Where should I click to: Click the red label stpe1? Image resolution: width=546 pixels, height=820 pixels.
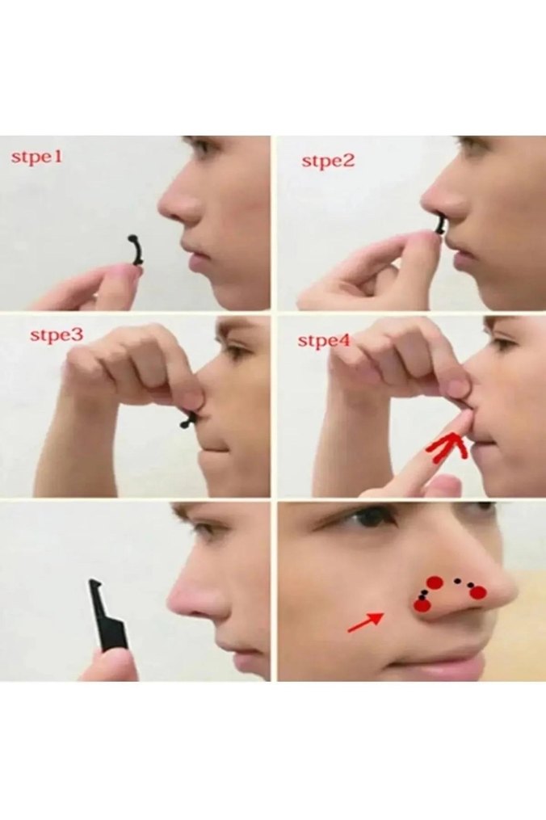click(x=36, y=157)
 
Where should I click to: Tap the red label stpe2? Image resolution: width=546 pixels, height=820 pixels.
click(x=328, y=161)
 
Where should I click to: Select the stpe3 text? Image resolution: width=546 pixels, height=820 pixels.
click(x=57, y=334)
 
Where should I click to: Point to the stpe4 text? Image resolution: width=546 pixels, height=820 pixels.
click(x=323, y=340)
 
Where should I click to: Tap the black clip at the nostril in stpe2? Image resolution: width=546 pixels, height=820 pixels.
click(x=440, y=228)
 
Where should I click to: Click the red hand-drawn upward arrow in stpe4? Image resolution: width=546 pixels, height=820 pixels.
click(x=447, y=447)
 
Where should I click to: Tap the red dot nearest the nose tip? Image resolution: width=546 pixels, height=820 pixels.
click(x=478, y=592)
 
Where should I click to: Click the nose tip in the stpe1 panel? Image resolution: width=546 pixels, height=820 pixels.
click(x=167, y=208)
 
